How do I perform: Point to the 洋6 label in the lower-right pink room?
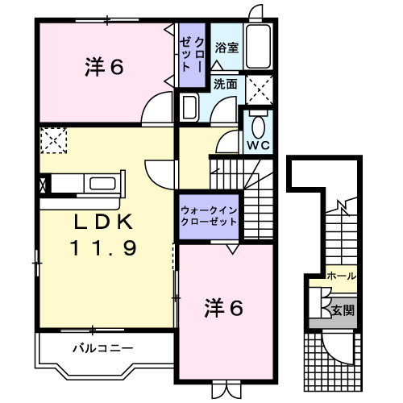point(223,307)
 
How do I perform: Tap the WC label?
point(258,146)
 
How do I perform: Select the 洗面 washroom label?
point(226,84)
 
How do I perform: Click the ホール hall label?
point(342,276)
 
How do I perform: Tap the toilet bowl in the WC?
point(258,127)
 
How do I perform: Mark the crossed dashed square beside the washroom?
point(259,87)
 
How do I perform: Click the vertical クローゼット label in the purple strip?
point(193,55)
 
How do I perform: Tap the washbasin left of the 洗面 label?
point(191,106)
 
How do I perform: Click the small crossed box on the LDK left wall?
point(42,185)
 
